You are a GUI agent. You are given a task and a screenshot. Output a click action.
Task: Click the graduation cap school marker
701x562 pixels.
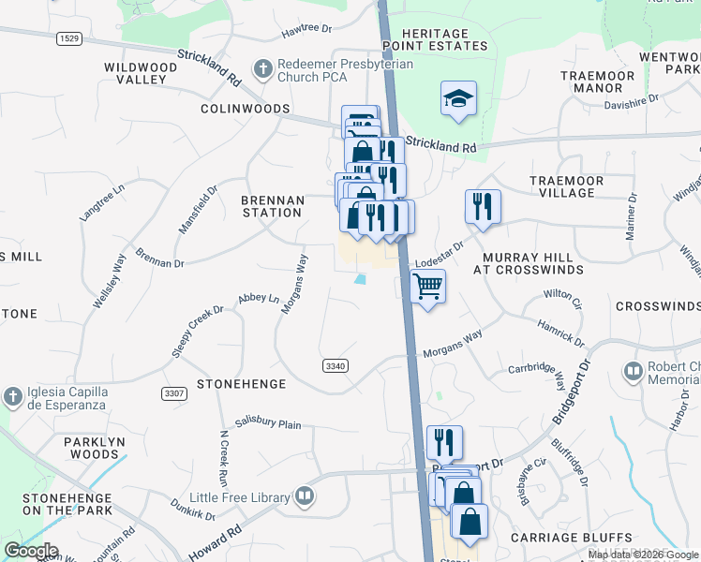(x=458, y=97)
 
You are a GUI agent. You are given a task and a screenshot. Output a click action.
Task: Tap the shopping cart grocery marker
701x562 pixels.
(x=427, y=286)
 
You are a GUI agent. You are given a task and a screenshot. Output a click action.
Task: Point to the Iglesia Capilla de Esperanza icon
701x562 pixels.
(x=12, y=396)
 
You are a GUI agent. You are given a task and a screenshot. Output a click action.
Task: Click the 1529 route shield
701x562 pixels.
(x=68, y=37)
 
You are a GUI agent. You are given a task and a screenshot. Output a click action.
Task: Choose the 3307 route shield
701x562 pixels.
(x=172, y=392)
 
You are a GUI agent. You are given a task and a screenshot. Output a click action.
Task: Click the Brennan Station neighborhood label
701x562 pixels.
(x=273, y=206)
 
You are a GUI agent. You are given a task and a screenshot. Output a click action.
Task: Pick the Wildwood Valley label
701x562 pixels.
(x=141, y=73)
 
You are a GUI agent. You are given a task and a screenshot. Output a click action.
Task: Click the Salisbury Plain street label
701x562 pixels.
(x=268, y=423)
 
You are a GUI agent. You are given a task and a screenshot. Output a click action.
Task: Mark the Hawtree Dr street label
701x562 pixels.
(x=307, y=31)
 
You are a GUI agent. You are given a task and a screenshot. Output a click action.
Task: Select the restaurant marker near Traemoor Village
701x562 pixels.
(x=483, y=206)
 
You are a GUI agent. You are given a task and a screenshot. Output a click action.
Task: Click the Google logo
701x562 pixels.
(x=31, y=551)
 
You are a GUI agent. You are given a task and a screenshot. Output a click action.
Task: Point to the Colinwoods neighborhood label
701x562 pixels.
(x=245, y=110)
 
